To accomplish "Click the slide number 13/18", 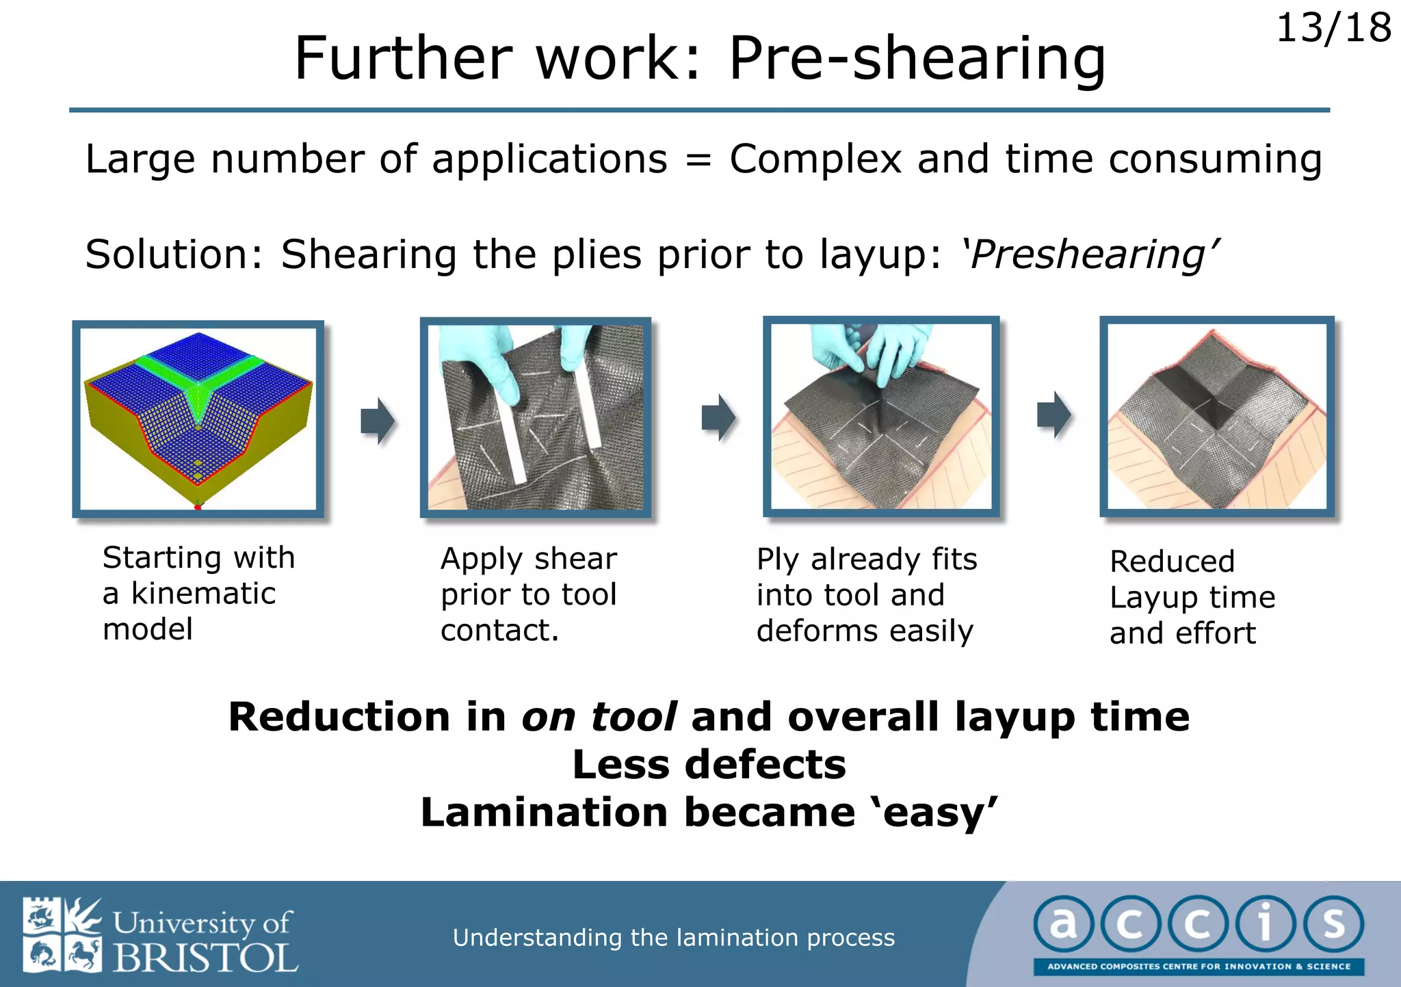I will (1333, 29).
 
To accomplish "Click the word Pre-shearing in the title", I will (917, 59).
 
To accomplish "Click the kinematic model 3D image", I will (198, 419).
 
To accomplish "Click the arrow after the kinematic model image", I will (378, 420).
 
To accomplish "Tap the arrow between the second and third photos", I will (718, 417).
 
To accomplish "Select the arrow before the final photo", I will (1054, 414).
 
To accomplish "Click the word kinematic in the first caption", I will (203, 594).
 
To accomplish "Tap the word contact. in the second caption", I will (499, 631).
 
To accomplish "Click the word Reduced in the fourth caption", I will (1172, 562).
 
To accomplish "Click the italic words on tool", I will (599, 718).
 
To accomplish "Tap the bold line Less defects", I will (709, 765).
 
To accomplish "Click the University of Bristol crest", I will (62, 934).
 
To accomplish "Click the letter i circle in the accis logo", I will (1265, 924).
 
